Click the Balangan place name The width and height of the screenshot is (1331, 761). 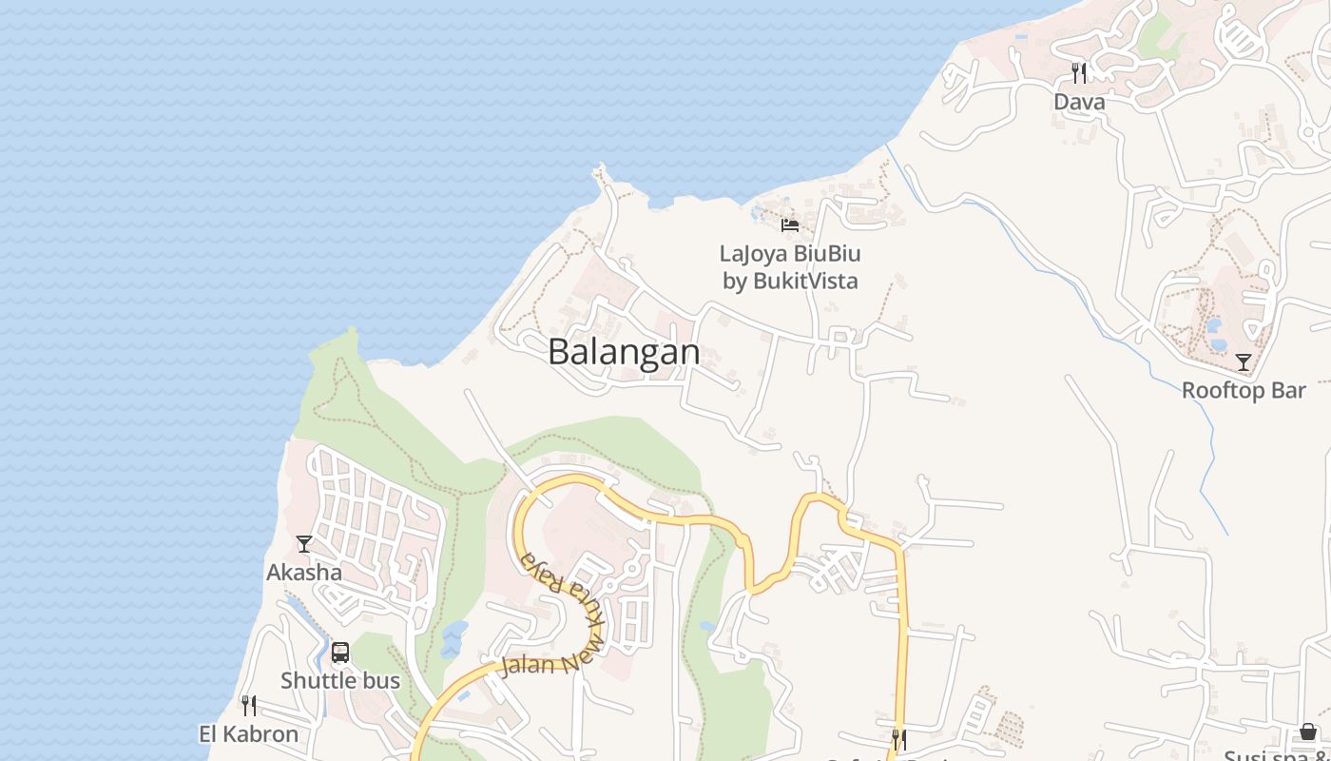pos(624,352)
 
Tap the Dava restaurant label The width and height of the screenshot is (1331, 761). pos(1079,102)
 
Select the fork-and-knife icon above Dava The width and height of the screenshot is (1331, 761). pos(1079,72)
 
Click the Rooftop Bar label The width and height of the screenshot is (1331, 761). pos(1244,390)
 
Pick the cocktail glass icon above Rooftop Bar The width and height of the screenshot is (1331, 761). pos(1244,361)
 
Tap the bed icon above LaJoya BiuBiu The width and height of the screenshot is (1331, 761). pos(790,225)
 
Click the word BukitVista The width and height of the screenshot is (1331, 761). pos(805,281)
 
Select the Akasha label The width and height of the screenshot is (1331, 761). pos(304,573)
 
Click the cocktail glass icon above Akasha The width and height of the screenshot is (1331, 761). pos(304,544)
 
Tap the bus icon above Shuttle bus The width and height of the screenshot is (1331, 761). pos(340,653)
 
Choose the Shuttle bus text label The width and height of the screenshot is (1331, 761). pos(340,681)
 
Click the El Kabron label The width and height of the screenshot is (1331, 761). pos(248,734)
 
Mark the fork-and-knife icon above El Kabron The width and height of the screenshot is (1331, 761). pos(248,705)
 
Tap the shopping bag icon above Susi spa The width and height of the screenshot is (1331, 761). pos(1308,732)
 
